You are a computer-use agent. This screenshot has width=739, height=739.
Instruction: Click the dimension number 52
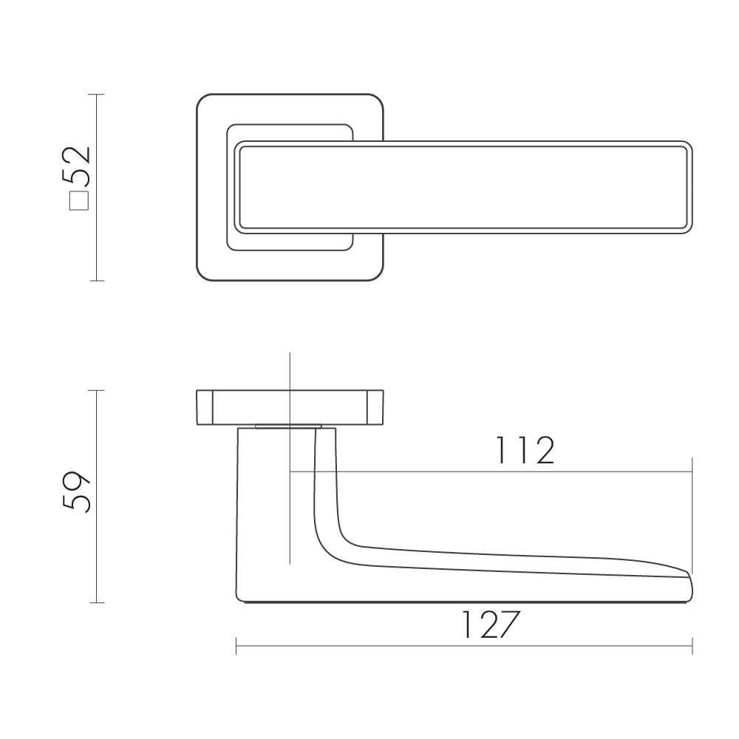[76, 165]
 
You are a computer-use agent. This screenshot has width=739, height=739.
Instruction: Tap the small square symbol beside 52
[79, 201]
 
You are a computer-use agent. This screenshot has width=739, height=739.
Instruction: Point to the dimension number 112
[525, 451]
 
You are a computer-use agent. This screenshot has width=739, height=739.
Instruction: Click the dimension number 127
[490, 624]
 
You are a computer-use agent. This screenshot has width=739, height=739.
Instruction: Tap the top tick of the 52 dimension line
[97, 95]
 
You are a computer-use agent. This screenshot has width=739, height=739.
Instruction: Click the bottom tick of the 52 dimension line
[97, 281]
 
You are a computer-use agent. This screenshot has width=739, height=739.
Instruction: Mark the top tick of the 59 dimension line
[97, 390]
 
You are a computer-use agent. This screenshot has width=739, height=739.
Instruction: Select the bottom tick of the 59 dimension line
[97, 602]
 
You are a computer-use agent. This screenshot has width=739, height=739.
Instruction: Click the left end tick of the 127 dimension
[236, 646]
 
